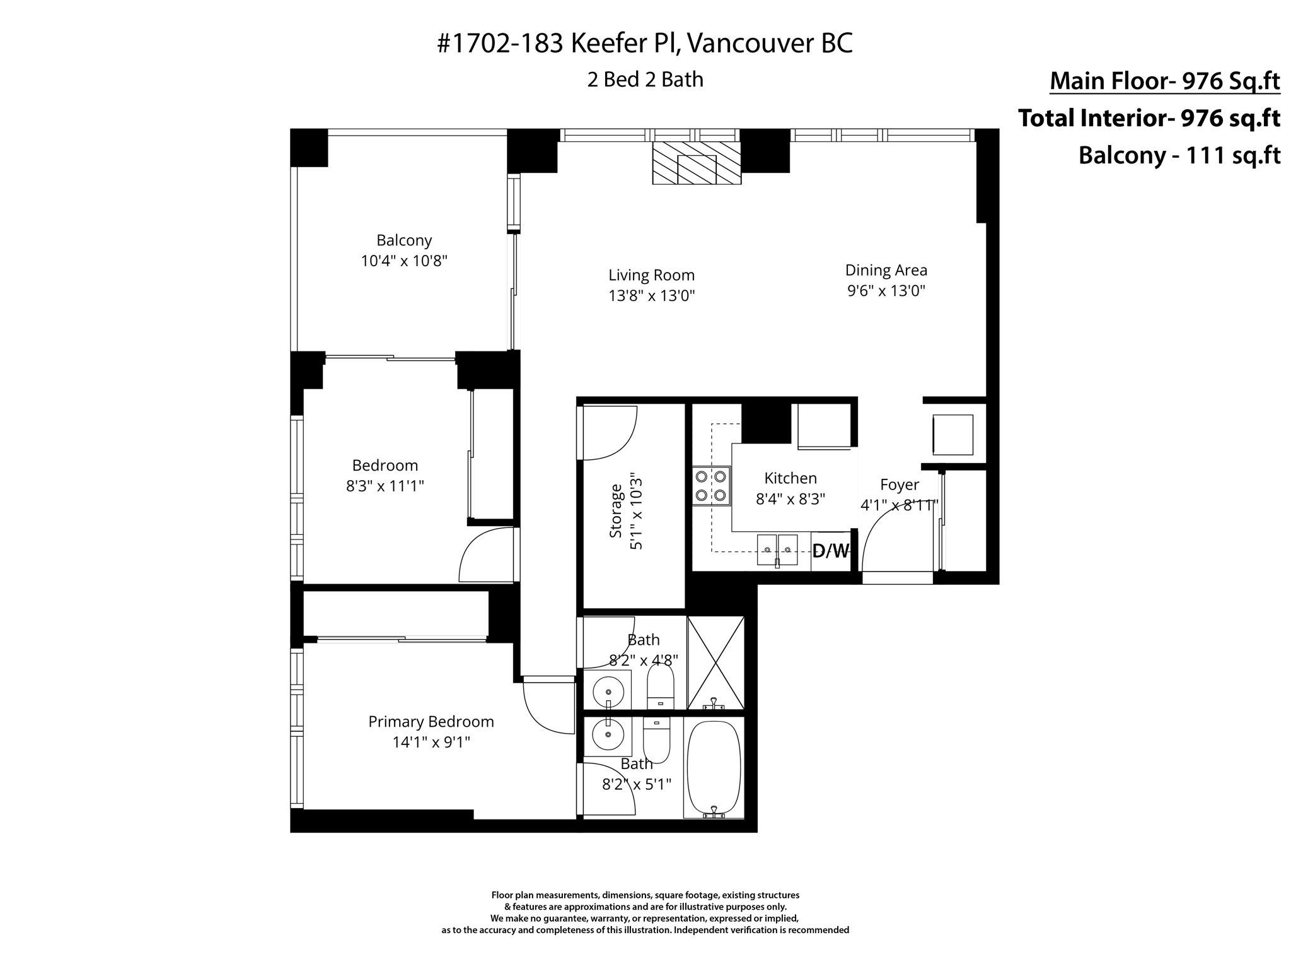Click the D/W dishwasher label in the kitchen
(x=830, y=551)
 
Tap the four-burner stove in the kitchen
(x=711, y=486)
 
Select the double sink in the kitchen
(x=777, y=549)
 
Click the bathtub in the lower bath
(x=714, y=768)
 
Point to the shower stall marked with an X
(x=715, y=662)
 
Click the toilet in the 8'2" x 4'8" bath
(x=660, y=688)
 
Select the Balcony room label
(x=404, y=240)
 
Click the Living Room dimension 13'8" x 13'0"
(x=651, y=296)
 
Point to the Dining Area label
(x=886, y=271)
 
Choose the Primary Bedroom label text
(x=431, y=722)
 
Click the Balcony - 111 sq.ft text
(x=1179, y=155)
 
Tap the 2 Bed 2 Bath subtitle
(x=645, y=80)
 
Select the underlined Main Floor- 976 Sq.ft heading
(x=1164, y=81)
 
